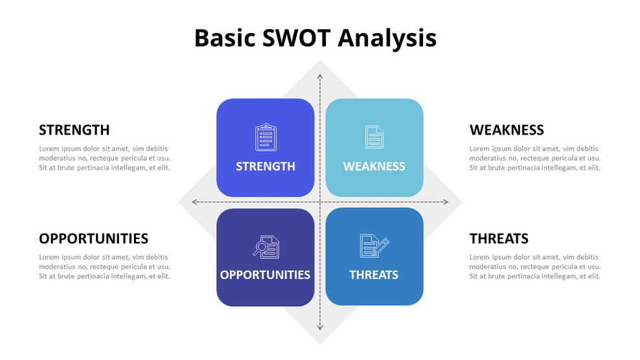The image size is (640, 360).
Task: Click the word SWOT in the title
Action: (297, 38)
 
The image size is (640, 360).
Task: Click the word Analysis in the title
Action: (388, 38)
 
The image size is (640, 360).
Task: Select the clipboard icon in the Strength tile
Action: (265, 137)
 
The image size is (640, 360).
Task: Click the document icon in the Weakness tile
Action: (374, 137)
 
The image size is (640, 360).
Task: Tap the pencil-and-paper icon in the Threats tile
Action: (374, 246)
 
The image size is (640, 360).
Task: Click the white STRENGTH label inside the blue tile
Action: (265, 166)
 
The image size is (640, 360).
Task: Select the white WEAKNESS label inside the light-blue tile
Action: (374, 166)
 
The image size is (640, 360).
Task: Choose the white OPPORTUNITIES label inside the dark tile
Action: (265, 275)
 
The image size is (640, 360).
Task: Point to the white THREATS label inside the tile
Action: (374, 275)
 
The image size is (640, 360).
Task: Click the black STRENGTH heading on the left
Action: (74, 129)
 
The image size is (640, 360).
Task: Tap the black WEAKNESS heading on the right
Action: (507, 129)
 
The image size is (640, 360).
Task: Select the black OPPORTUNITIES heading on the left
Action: (93, 238)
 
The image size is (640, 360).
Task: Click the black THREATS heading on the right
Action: (499, 238)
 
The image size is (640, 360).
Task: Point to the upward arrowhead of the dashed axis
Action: (319, 76)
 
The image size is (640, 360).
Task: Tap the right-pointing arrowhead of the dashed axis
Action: (445, 202)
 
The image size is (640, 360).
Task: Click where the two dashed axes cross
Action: (319, 202)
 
